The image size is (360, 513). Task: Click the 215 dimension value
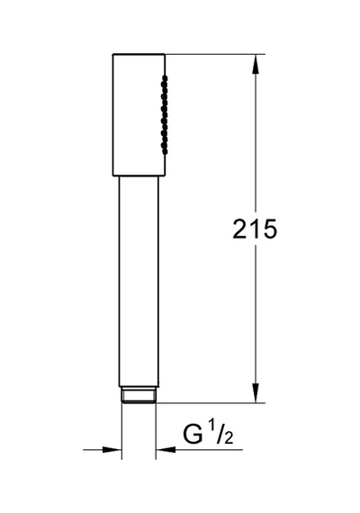pyautogui.click(x=255, y=229)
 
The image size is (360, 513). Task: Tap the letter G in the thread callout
pyautogui.click(x=193, y=434)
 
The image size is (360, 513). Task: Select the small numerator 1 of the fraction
pyautogui.click(x=212, y=427)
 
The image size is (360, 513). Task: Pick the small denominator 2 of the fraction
pyautogui.click(x=228, y=437)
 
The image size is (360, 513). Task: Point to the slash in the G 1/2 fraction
pyautogui.click(x=220, y=433)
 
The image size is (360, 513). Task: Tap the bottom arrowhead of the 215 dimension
pyautogui.click(x=256, y=392)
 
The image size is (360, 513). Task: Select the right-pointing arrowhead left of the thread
pyautogui.click(x=112, y=450)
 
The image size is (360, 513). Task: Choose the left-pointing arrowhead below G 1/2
pyautogui.click(x=166, y=450)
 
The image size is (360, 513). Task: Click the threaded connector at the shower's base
pyautogui.click(x=139, y=394)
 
